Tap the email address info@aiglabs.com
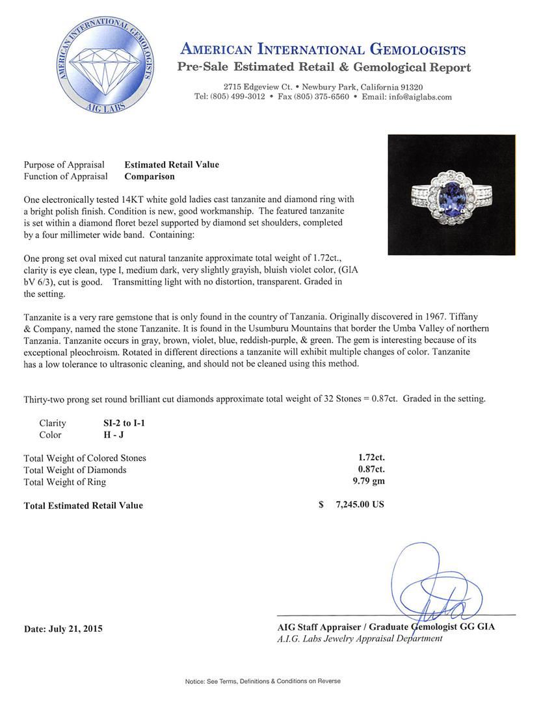pyautogui.click(x=416, y=97)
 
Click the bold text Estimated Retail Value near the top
pyautogui.click(x=172, y=164)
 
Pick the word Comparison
pyautogui.click(x=149, y=176)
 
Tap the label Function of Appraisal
pyautogui.click(x=66, y=176)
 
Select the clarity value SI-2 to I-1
pyautogui.click(x=120, y=423)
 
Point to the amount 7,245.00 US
pyautogui.click(x=358, y=504)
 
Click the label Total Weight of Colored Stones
pyautogui.click(x=85, y=458)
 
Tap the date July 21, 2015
pyautogui.click(x=63, y=629)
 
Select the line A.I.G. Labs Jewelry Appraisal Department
pyautogui.click(x=360, y=639)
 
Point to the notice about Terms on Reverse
pyautogui.click(x=263, y=681)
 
